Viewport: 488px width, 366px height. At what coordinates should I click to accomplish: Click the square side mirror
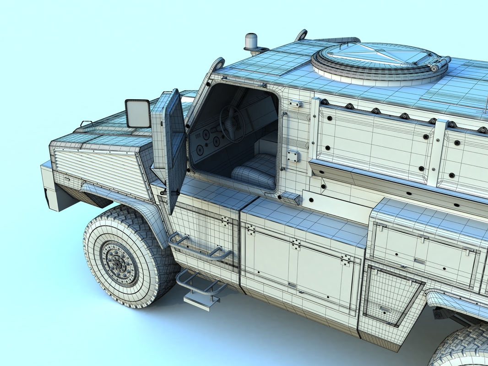click(x=138, y=113)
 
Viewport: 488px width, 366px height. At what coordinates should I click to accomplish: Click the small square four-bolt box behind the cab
click(x=293, y=156)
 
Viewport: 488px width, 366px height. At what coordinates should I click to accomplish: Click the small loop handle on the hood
click(x=86, y=123)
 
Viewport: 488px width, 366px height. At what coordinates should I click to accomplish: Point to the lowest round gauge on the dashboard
click(x=199, y=149)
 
